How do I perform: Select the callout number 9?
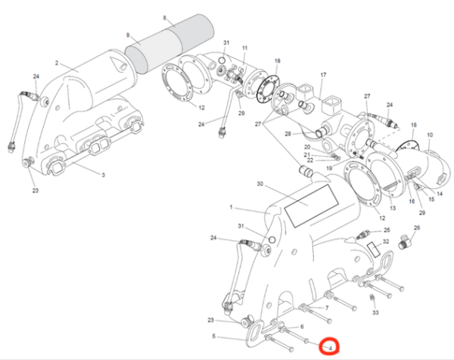click(129, 34)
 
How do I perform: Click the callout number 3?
click(104, 175)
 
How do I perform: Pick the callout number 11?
click(244, 48)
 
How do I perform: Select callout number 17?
click(322, 75)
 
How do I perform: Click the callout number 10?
click(429, 136)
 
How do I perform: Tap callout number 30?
click(260, 184)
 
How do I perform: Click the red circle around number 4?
click(331, 347)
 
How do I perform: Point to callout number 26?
click(415, 227)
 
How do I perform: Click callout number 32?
click(386, 243)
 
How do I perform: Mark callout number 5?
click(214, 336)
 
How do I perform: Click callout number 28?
click(288, 134)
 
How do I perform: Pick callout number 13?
click(392, 207)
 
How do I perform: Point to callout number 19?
click(329, 168)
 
